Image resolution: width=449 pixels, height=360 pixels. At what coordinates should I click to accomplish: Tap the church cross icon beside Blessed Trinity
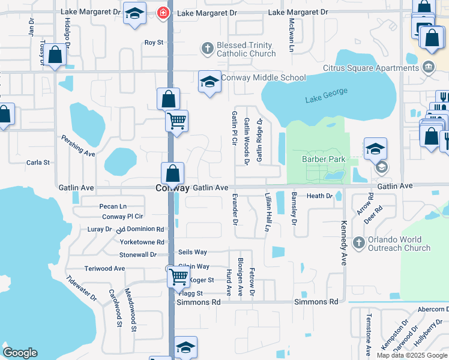pos(208,48)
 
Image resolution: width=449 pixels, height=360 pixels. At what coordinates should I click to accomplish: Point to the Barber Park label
pos(324,160)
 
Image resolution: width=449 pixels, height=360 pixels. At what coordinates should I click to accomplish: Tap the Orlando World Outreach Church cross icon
pos(359,243)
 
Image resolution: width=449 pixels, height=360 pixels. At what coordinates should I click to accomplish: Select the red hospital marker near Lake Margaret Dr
pos(162,13)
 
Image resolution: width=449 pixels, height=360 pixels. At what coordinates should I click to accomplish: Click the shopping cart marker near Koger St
pos(178,277)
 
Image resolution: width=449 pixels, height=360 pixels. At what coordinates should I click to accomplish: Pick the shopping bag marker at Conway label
pos(172,173)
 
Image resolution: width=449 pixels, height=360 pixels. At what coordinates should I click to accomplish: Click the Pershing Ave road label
pos(78,145)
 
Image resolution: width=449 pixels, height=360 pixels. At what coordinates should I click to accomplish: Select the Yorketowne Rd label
pos(142,242)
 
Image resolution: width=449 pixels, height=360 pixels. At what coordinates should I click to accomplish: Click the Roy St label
pos(154,43)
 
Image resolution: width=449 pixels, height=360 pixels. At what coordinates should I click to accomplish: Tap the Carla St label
pos(38,163)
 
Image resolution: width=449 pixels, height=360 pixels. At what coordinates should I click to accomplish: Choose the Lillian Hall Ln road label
pos(266,212)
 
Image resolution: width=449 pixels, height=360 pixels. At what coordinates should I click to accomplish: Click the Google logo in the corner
pos(20,353)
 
